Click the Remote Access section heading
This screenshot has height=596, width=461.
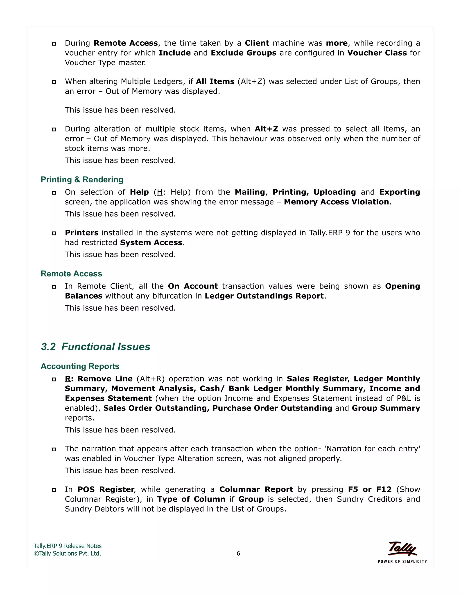tap(71, 273)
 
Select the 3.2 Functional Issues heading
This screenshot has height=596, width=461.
tap(96, 347)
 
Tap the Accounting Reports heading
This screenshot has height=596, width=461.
tap(80, 366)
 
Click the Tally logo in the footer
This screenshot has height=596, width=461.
tap(402, 549)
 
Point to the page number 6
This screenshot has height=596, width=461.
tap(238, 553)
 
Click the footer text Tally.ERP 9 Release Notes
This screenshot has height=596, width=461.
tap(68, 546)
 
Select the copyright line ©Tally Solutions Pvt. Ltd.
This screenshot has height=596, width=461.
tap(67, 553)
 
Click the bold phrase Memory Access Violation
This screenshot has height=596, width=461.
tap(337, 202)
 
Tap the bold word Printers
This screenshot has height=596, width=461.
tap(82, 233)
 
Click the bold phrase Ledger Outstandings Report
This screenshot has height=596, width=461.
tap(264, 296)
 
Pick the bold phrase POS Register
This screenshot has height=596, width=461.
tap(106, 489)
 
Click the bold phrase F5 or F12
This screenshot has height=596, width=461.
tap(370, 489)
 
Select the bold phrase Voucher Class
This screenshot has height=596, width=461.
tap(377, 53)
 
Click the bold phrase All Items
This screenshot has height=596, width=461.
tap(215, 82)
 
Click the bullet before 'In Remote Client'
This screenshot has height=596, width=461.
tap(54, 287)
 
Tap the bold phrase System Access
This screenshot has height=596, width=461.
tap(151, 243)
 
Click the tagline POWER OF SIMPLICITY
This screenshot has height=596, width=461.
tap(402, 561)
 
